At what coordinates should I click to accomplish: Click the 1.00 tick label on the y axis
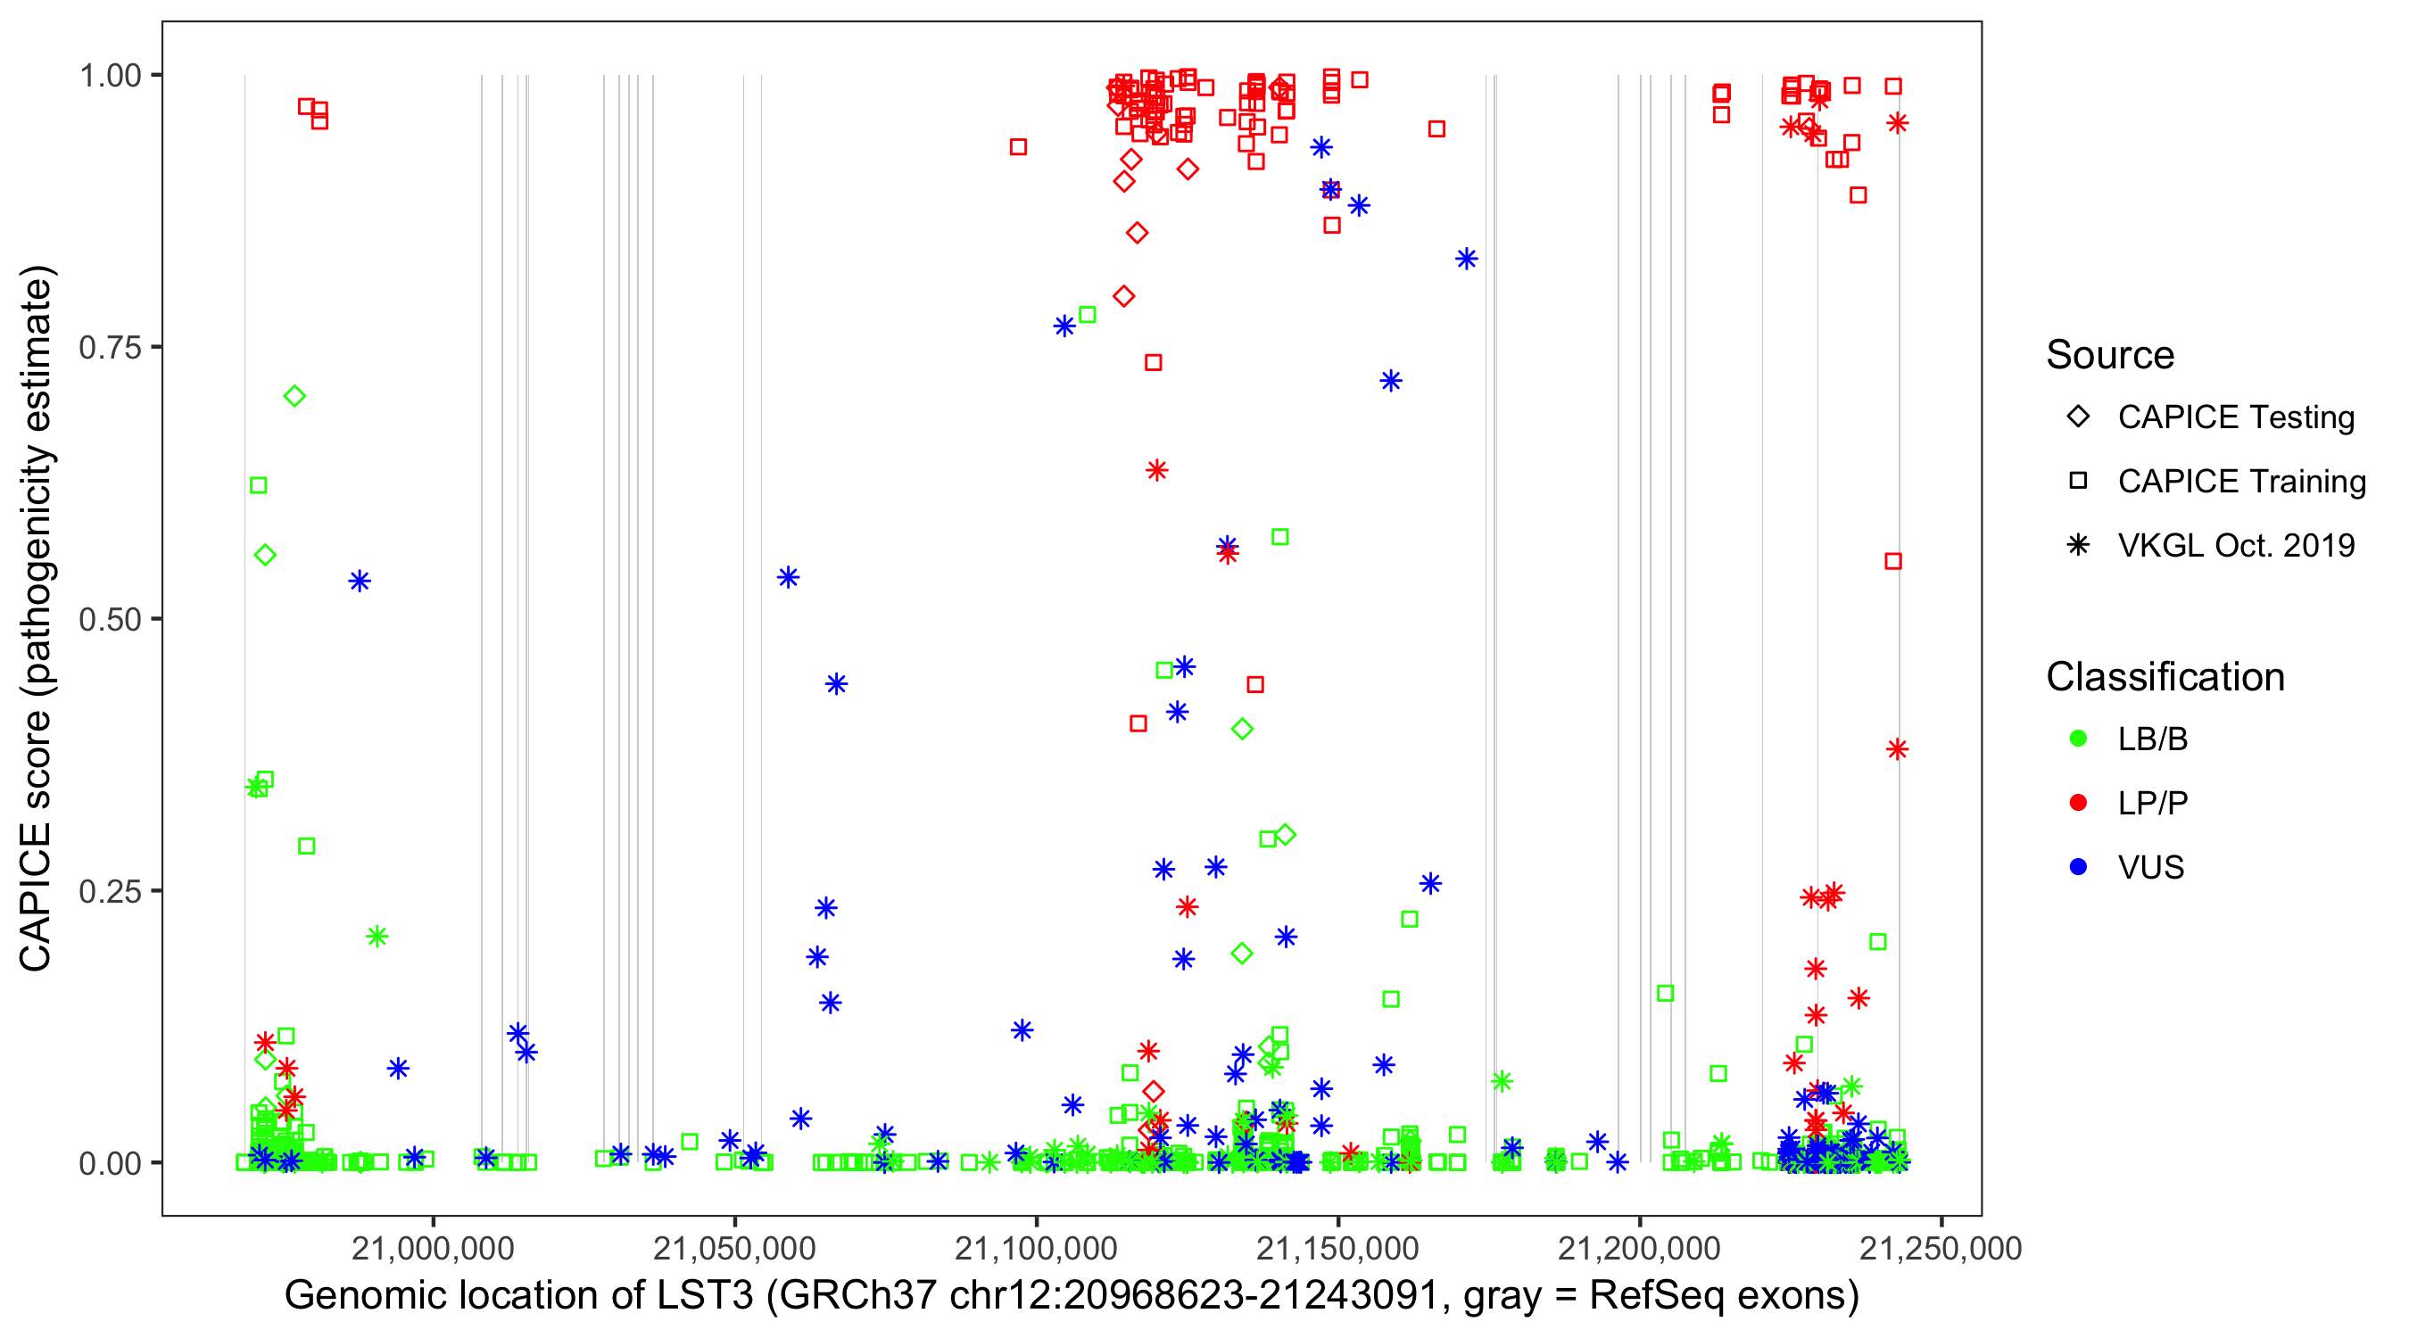(x=110, y=75)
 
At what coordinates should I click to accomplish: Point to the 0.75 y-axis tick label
(x=110, y=347)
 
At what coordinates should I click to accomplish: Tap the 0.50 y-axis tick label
(x=110, y=619)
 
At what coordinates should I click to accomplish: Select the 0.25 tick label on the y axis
(x=110, y=891)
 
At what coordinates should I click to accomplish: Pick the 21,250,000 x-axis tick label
(x=1941, y=1248)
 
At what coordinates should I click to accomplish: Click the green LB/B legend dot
(x=2078, y=739)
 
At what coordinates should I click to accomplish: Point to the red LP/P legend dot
(x=2078, y=803)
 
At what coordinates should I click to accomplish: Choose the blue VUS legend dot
(x=2078, y=867)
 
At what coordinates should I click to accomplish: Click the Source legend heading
(x=2110, y=355)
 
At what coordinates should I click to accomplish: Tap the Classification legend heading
(x=2165, y=677)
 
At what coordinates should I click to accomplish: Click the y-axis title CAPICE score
(x=37, y=617)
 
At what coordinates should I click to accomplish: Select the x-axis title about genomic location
(x=1072, y=1296)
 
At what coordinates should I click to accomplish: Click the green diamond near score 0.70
(x=294, y=396)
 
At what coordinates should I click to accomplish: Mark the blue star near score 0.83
(x=1466, y=259)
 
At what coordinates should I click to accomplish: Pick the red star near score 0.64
(x=1157, y=470)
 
